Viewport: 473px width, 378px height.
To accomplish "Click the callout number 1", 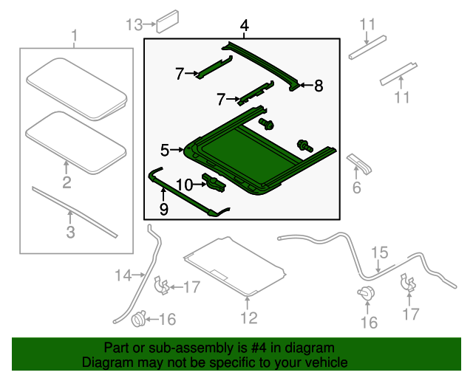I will coord(73,35).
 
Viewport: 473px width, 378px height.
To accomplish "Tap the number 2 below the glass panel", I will coord(67,182).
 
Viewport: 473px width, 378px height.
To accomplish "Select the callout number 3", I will coord(70,234).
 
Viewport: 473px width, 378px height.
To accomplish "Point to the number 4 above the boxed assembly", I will coord(244,27).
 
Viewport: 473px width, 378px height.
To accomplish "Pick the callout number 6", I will coord(356,188).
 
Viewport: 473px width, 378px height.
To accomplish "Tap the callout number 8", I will coord(319,86).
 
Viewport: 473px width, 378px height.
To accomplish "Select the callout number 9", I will coord(163,210).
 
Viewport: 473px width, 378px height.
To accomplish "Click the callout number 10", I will coord(184,184).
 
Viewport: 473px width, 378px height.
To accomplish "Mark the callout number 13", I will coord(133,24).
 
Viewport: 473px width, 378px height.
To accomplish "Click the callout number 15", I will coord(378,253).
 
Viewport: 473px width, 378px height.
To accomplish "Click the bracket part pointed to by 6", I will coord(358,162).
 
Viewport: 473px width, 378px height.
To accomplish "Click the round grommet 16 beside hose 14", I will coord(137,320).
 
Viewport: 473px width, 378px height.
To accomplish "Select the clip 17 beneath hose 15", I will coord(406,283).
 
